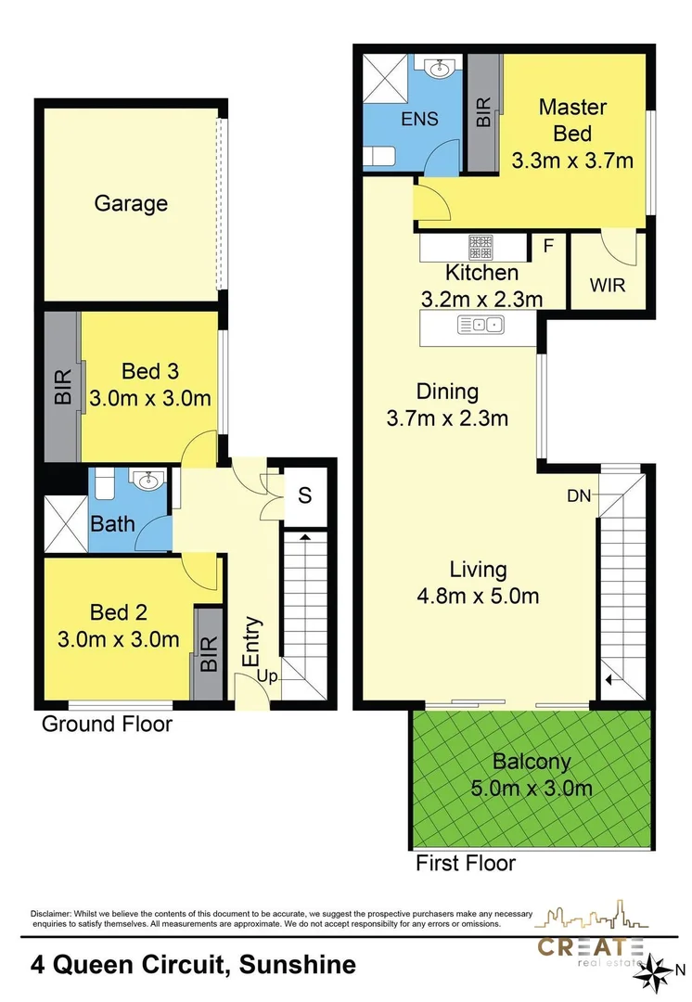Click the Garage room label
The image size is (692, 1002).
[131, 203]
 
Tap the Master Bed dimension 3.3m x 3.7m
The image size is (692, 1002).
[572, 161]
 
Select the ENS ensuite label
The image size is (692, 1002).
[419, 119]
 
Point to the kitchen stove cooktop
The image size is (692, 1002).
[480, 248]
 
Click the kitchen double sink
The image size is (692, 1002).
[480, 325]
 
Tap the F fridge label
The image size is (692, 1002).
[548, 247]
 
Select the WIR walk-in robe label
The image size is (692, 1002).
[608, 285]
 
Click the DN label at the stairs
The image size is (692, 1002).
[580, 496]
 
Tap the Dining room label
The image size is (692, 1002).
[447, 392]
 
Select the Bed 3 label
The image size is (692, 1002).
[150, 371]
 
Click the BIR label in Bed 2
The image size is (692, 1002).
[208, 654]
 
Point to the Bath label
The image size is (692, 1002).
[112, 524]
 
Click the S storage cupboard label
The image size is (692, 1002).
[304, 495]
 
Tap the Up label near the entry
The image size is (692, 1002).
[267, 677]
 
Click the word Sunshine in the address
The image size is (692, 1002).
[297, 965]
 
